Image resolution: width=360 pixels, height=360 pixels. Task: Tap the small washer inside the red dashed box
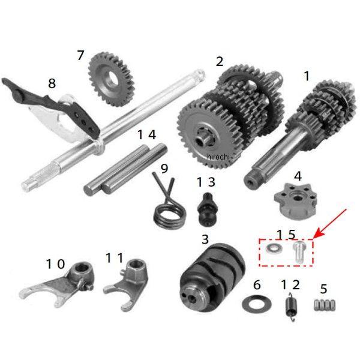[x=274, y=248]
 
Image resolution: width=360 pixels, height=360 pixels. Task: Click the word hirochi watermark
[x=218, y=157]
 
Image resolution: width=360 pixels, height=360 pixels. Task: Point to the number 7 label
[x=80, y=55]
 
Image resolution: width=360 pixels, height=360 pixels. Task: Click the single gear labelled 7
[x=111, y=79]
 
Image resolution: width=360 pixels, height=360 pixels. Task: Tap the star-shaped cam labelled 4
[x=296, y=201]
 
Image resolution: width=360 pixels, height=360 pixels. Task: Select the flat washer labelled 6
[x=256, y=304]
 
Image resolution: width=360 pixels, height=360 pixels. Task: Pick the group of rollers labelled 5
[x=324, y=305]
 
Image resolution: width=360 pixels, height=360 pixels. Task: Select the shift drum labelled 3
[x=212, y=278]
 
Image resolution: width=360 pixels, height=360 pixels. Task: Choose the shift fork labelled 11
[x=126, y=285]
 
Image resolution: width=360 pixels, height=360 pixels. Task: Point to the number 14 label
[x=147, y=135]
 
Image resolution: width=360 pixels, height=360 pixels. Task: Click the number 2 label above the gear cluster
[x=220, y=62]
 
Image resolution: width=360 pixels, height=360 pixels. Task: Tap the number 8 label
[x=52, y=83]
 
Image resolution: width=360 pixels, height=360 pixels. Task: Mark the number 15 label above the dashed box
[x=286, y=235]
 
